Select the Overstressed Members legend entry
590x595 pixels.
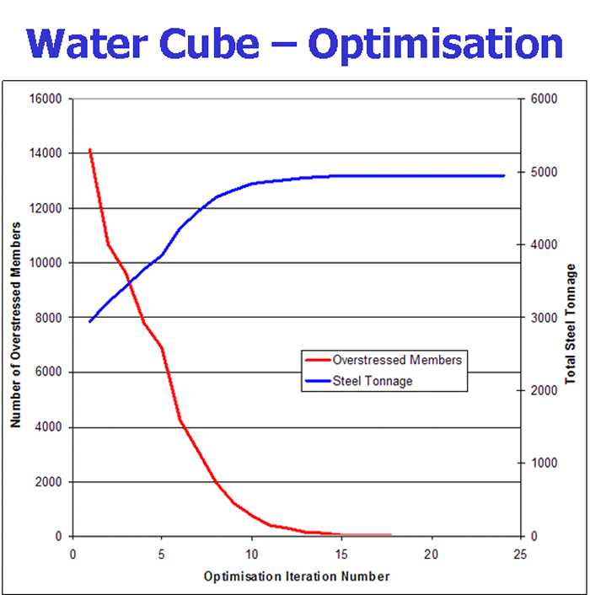pyautogui.click(x=397, y=360)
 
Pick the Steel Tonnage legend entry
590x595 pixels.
pyautogui.click(x=373, y=381)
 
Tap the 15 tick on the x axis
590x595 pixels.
pyautogui.click(x=341, y=554)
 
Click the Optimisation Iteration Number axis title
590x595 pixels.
pyautogui.click(x=297, y=576)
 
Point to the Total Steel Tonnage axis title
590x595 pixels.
pyautogui.click(x=571, y=321)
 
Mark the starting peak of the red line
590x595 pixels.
pyautogui.click(x=89, y=150)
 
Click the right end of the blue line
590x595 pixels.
pyautogui.click(x=503, y=176)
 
